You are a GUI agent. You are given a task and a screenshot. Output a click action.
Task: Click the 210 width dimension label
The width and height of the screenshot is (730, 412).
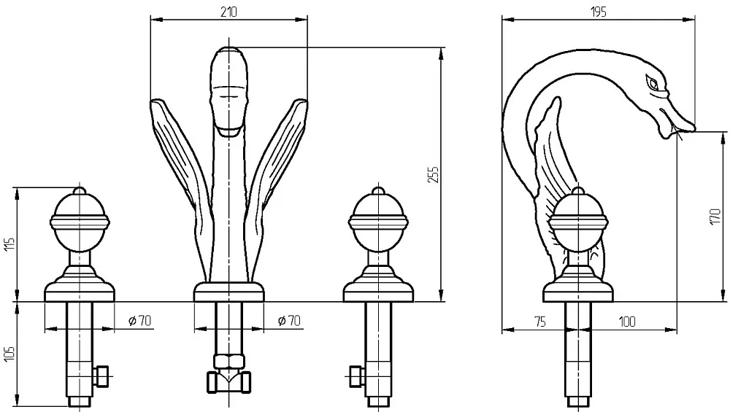click(x=228, y=12)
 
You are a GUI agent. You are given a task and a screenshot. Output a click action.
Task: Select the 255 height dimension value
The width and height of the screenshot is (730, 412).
click(x=433, y=174)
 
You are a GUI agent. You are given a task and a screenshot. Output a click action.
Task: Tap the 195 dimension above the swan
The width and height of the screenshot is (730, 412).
click(x=599, y=12)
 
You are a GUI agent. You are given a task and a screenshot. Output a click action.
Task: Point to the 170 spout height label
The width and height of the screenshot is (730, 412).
click(x=716, y=217)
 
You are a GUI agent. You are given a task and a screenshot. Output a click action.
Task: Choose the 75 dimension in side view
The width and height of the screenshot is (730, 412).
click(x=540, y=322)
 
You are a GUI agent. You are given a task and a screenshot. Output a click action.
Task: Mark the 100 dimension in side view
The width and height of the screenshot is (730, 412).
click(x=627, y=322)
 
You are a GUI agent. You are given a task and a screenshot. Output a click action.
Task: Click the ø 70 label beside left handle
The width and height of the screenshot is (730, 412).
click(x=139, y=320)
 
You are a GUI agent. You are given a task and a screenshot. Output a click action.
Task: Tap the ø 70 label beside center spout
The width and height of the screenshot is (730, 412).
click(x=289, y=320)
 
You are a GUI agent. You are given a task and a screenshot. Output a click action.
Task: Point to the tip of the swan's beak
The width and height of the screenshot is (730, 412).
click(x=695, y=128)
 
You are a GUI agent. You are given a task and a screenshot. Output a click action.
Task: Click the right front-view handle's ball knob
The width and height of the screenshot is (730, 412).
click(x=378, y=222)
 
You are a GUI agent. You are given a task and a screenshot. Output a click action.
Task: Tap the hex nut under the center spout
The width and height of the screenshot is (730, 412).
click(x=228, y=361)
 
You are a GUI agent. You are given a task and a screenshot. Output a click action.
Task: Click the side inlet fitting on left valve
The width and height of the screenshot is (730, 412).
click(x=101, y=376)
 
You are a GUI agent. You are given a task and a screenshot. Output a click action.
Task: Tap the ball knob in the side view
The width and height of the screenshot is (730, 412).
click(x=577, y=222)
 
